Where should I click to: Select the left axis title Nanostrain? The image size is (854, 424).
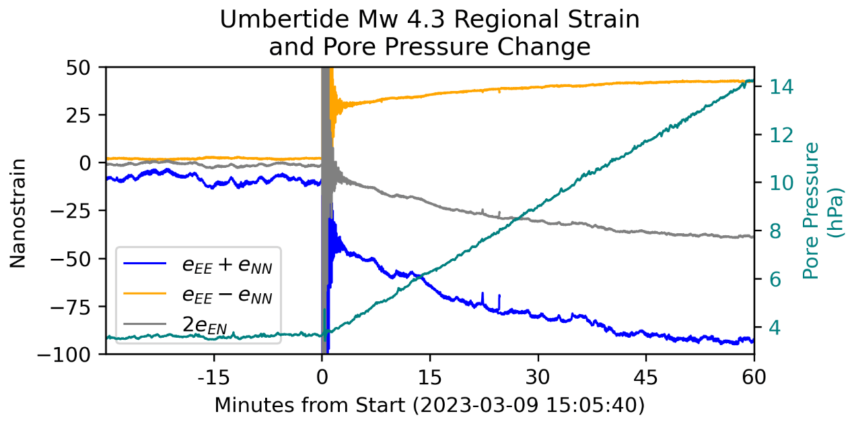click(18, 212)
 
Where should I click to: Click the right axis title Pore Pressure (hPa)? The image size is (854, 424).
click(822, 210)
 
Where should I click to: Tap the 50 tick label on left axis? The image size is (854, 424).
click(86, 67)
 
